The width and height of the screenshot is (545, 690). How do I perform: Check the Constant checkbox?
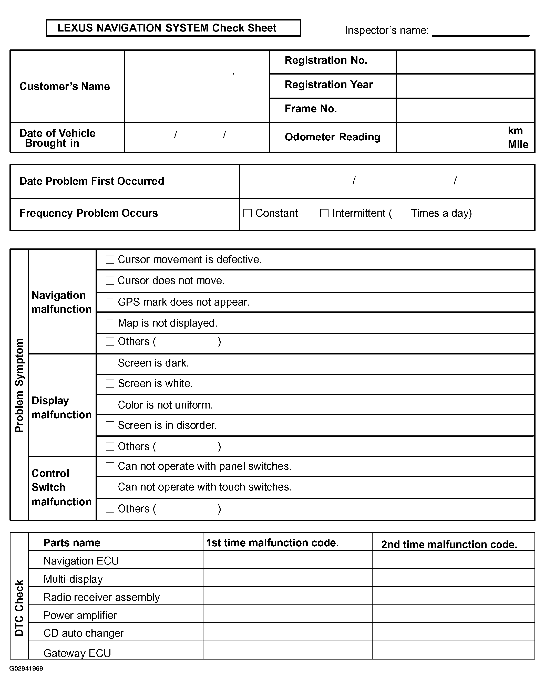[x=248, y=213]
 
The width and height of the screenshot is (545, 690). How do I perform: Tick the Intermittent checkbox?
[x=324, y=213]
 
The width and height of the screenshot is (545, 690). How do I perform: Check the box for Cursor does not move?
[x=110, y=280]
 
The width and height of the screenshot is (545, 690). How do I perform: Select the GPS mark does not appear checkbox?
[x=110, y=302]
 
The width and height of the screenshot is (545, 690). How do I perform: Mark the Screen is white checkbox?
[x=110, y=383]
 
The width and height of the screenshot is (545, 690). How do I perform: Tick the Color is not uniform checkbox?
[x=110, y=405]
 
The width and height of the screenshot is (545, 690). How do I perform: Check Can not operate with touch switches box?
[x=110, y=487]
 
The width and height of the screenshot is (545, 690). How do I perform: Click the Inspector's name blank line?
[x=480, y=32]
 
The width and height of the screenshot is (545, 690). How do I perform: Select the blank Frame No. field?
[x=465, y=110]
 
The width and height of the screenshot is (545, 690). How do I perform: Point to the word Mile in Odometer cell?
[x=518, y=144]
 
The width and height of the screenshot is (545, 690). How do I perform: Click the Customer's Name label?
[x=65, y=86]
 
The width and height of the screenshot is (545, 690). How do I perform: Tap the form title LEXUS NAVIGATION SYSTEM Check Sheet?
[x=167, y=28]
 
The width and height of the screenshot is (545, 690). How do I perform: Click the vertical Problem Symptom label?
[x=19, y=385]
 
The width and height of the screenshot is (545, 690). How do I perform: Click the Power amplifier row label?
[x=80, y=615]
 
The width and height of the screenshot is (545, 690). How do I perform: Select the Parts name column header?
[x=72, y=543]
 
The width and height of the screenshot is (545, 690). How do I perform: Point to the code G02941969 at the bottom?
[x=26, y=668]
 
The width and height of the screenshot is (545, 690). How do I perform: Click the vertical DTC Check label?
[x=19, y=608]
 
